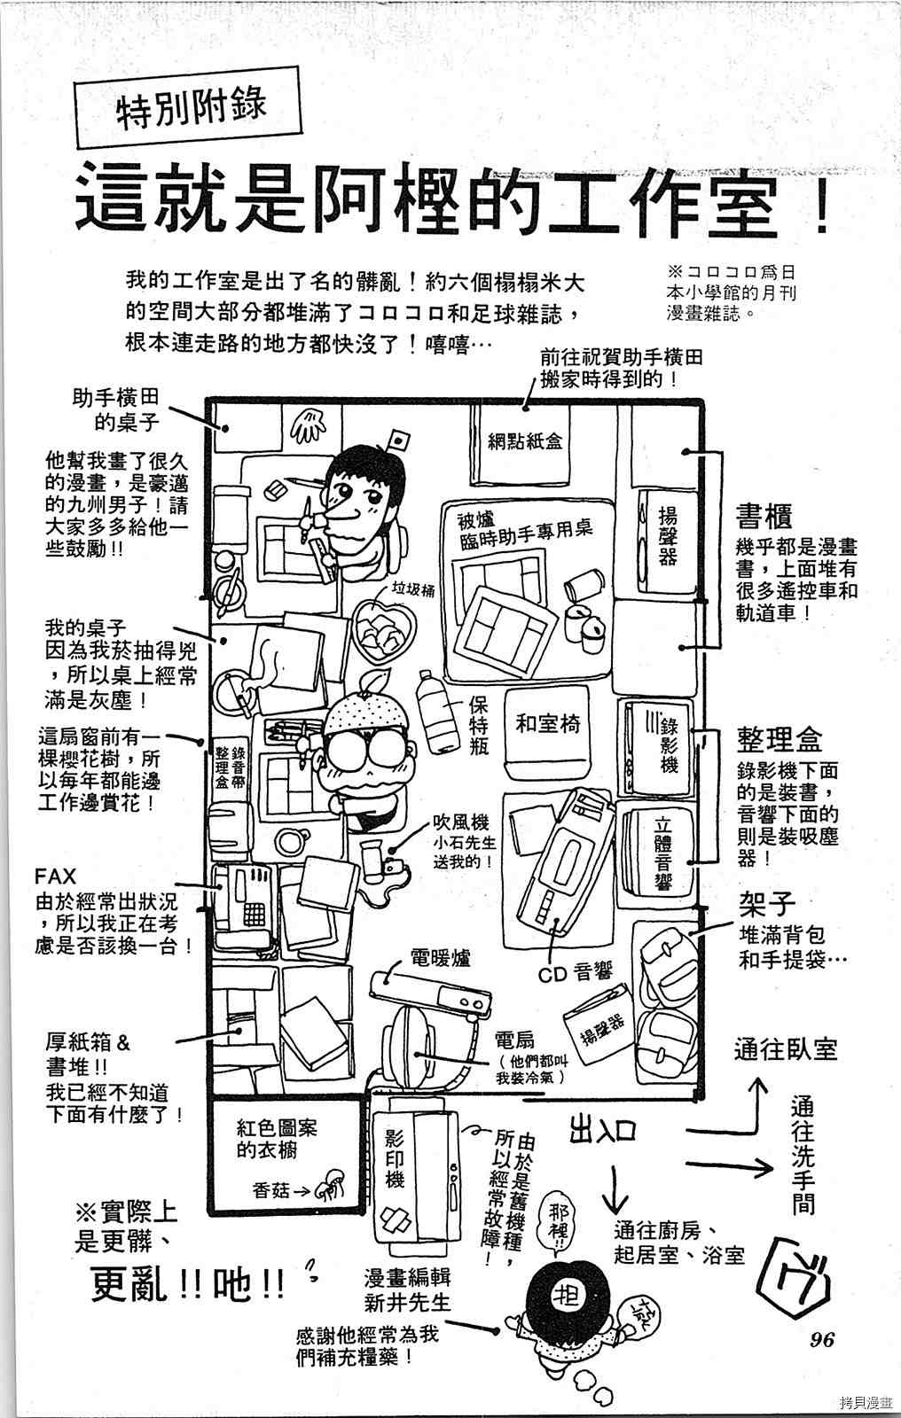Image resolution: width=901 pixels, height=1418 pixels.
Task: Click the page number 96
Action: [822, 1339]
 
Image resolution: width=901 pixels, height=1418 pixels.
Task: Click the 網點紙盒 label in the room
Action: [525, 441]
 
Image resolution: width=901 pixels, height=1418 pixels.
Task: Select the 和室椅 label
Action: [548, 724]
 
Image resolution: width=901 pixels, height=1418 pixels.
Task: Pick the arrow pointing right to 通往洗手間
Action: [732, 1168]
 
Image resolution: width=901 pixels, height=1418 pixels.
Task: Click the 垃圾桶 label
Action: [413, 591]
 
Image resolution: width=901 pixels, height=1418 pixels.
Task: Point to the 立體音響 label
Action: [662, 852]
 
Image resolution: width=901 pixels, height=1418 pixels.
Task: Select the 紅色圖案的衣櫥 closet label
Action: [277, 1140]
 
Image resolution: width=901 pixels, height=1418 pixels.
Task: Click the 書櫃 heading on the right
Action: [763, 516]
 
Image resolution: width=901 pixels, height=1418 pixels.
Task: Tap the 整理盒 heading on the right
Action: [779, 739]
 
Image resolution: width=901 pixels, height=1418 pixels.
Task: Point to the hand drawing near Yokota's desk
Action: [308, 427]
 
